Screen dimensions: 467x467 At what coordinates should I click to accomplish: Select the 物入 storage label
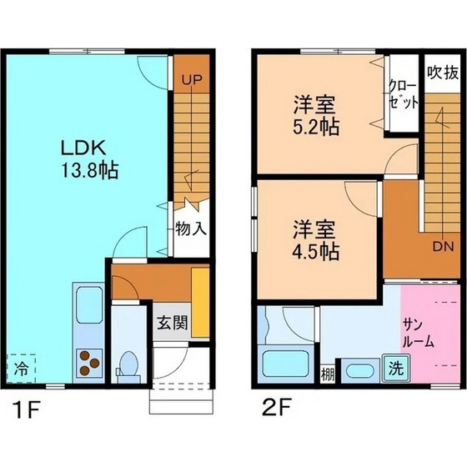point(191,228)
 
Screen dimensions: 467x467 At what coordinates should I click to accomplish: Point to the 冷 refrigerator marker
point(22,365)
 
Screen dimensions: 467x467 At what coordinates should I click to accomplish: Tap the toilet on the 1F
point(128,363)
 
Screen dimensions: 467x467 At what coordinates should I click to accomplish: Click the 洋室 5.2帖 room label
point(314,117)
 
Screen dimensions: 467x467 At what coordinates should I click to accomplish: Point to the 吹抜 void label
point(442,72)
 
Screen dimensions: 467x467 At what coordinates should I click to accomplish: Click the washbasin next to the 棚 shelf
point(358,371)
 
